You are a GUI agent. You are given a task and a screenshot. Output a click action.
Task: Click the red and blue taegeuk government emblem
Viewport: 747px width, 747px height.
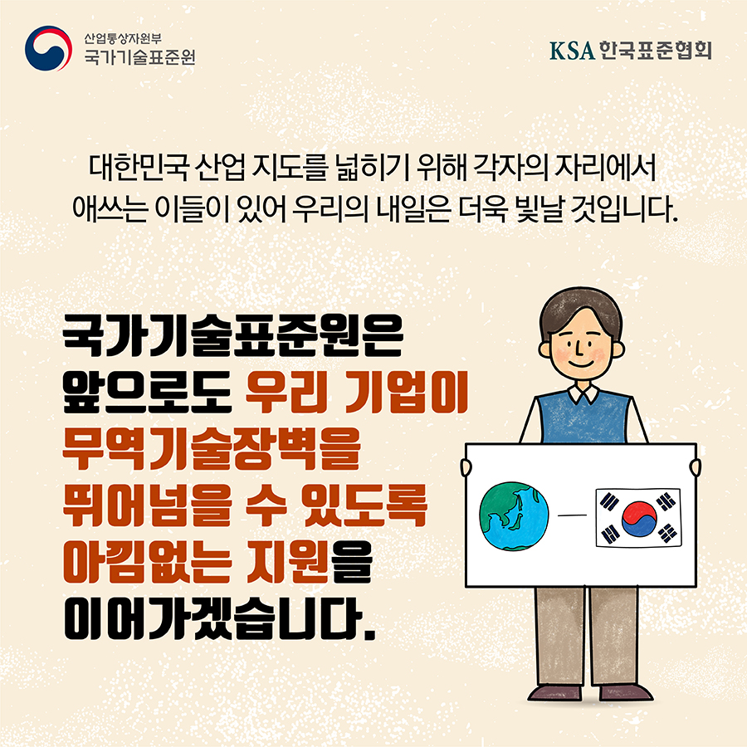(49, 49)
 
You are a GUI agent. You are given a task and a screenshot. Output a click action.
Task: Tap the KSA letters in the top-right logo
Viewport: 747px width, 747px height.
(572, 51)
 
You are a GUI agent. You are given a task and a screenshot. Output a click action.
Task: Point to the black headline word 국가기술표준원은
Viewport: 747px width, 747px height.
(233, 336)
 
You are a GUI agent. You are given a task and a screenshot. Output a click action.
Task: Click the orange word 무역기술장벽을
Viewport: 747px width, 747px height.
(212, 449)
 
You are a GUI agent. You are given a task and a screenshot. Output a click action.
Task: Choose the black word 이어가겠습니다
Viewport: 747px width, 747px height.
(220, 618)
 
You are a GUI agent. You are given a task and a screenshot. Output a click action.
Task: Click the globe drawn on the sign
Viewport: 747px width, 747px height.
(514, 516)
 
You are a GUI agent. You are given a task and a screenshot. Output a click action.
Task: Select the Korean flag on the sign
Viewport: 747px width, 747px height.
(639, 518)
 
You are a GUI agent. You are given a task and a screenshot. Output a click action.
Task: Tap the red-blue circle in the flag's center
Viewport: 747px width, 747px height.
(639, 518)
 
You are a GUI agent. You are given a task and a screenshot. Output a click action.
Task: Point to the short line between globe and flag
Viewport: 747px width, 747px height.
(572, 515)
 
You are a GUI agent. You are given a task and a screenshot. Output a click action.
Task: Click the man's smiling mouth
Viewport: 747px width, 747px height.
(580, 364)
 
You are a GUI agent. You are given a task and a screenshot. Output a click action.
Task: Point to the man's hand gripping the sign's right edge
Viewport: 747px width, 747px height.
(696, 467)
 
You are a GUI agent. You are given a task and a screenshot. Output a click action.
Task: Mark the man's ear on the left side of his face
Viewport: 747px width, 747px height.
(545, 349)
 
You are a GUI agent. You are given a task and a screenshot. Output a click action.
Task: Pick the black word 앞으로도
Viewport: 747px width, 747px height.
(147, 393)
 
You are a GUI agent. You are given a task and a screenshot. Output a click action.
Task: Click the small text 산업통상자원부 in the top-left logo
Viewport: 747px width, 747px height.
(123, 38)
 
